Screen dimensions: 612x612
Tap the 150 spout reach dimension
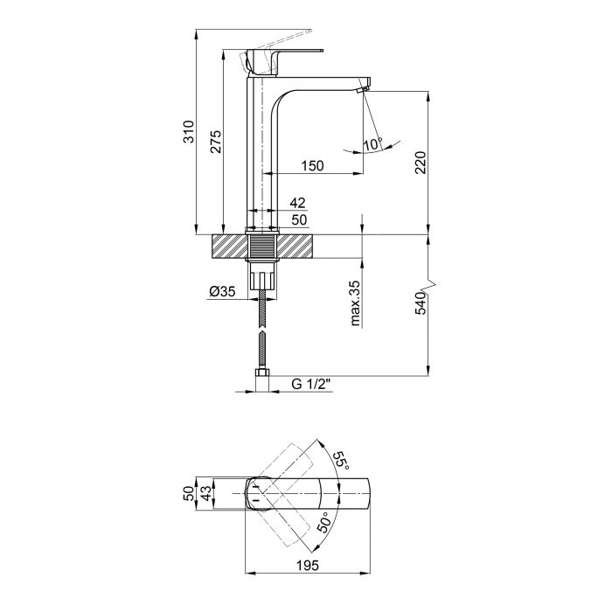coord(312,165)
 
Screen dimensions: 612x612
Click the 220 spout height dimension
coord(421,163)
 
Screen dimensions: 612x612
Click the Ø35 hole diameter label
coord(223,294)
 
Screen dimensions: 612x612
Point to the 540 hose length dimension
coord(421,304)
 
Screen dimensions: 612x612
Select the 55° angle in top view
coord(338,462)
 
